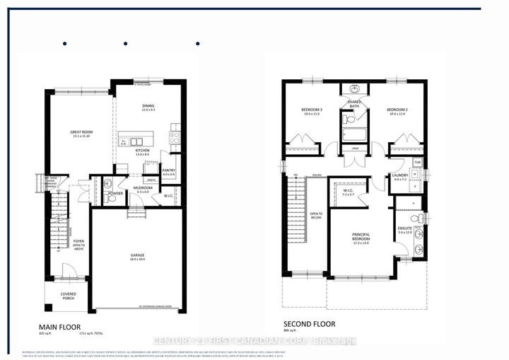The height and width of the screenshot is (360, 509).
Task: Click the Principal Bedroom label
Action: click(x=361, y=237)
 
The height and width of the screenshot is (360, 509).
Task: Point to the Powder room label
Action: click(x=115, y=192)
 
